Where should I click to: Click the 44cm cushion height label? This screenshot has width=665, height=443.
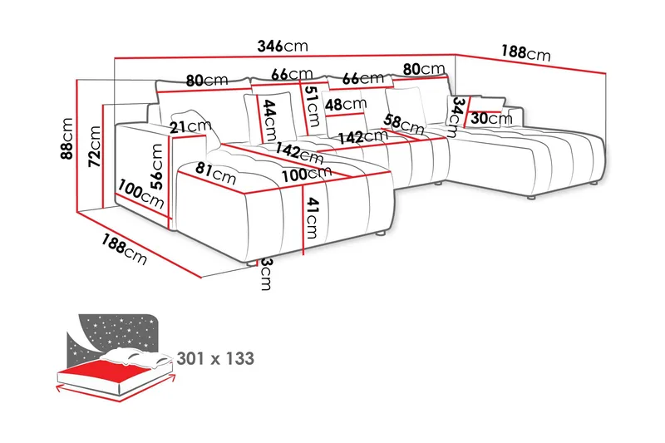269,121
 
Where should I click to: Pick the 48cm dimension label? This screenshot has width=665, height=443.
345,105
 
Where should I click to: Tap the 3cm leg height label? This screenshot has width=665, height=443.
265,274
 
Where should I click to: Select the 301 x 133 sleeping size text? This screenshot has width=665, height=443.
215,359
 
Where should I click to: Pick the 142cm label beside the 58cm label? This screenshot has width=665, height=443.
362,137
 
